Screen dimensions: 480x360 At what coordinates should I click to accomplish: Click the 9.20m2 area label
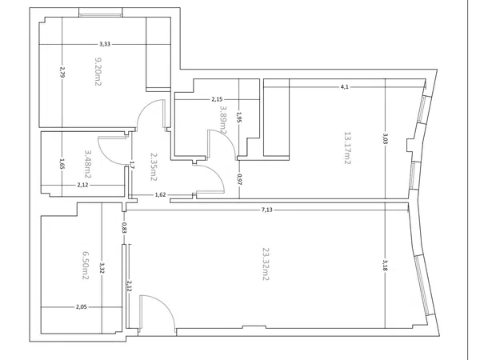click(x=98, y=72)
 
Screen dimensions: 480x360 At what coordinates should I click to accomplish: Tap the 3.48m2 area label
click(x=88, y=164)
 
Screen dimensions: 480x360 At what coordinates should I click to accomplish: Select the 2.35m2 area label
click(x=154, y=167)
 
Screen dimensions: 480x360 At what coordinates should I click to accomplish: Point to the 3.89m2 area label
click(x=223, y=120)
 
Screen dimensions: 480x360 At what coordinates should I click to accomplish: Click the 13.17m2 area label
click(x=347, y=148)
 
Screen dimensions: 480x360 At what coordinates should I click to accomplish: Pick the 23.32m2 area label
click(x=265, y=264)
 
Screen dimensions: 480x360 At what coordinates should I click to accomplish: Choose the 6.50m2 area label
click(x=86, y=266)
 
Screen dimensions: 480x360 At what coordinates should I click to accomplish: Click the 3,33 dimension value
click(x=105, y=44)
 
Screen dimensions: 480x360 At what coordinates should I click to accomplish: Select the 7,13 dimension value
click(x=267, y=210)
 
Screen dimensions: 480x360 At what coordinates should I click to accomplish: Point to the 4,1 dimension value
click(x=345, y=87)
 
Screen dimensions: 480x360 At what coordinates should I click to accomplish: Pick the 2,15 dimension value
click(x=217, y=99)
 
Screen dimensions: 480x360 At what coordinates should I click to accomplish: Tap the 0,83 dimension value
click(x=124, y=228)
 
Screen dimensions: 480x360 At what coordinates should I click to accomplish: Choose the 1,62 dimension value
click(x=161, y=194)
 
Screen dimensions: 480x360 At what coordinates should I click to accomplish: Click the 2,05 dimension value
click(x=82, y=306)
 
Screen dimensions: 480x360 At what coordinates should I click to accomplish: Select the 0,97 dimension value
click(x=239, y=180)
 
